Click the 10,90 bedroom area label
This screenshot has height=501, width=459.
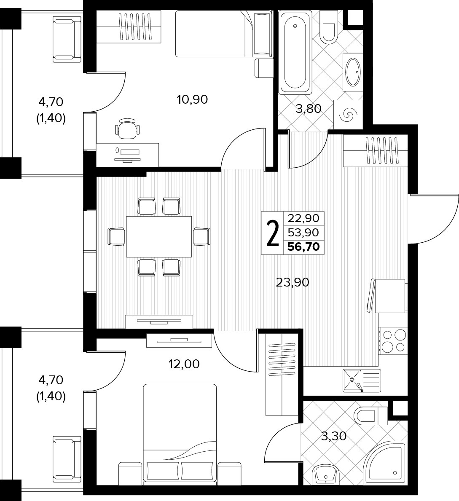(192, 99)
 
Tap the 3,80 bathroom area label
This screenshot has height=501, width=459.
(308, 109)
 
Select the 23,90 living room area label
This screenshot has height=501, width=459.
(293, 282)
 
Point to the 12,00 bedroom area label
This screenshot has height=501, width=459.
(184, 364)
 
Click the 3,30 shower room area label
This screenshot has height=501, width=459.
(334, 436)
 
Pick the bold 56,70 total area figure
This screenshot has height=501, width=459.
(303, 247)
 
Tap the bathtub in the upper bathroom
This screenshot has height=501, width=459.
(295, 52)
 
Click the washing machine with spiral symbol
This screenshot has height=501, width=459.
(348, 115)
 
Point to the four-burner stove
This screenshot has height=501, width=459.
(393, 341)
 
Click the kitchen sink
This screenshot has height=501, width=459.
(362, 380)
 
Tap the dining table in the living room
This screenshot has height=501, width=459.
(159, 237)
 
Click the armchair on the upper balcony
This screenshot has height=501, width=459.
(67, 40)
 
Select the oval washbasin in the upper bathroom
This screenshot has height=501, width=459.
(353, 72)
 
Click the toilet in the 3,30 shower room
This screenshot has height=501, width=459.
(371, 416)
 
